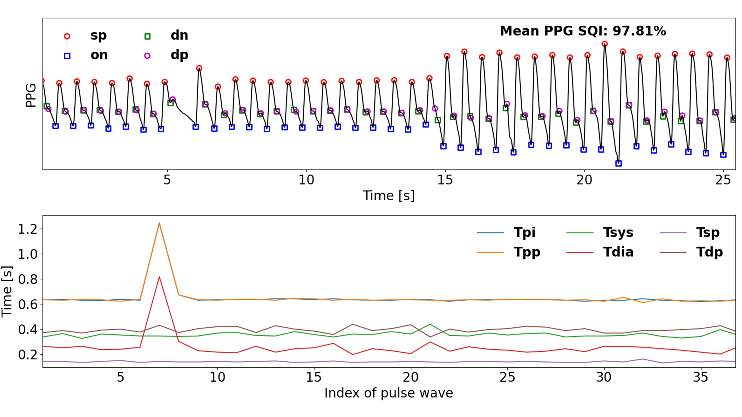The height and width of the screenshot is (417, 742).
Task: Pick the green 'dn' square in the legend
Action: [x=147, y=36]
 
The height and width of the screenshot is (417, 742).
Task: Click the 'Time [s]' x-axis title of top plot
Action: [x=389, y=196]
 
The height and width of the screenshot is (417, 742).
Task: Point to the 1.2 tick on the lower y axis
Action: [x=28, y=229]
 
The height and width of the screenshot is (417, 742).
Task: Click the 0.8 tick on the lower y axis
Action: [x=28, y=279]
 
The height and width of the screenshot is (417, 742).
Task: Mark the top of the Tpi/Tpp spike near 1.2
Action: [x=159, y=223]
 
